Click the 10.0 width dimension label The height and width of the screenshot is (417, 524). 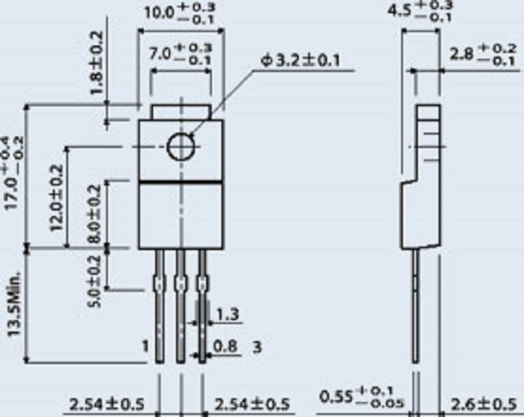click(x=179, y=13)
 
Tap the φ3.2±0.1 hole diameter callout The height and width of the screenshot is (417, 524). click(x=300, y=61)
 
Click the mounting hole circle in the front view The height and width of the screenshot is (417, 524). click(x=181, y=146)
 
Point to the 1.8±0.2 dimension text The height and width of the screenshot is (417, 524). click(x=98, y=63)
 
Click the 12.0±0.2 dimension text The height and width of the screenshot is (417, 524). click(x=57, y=198)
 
